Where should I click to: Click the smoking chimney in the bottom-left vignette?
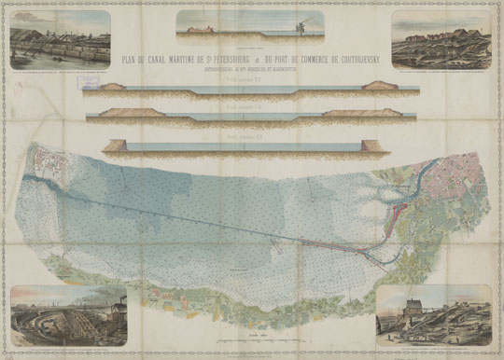[x=124, y=304]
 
